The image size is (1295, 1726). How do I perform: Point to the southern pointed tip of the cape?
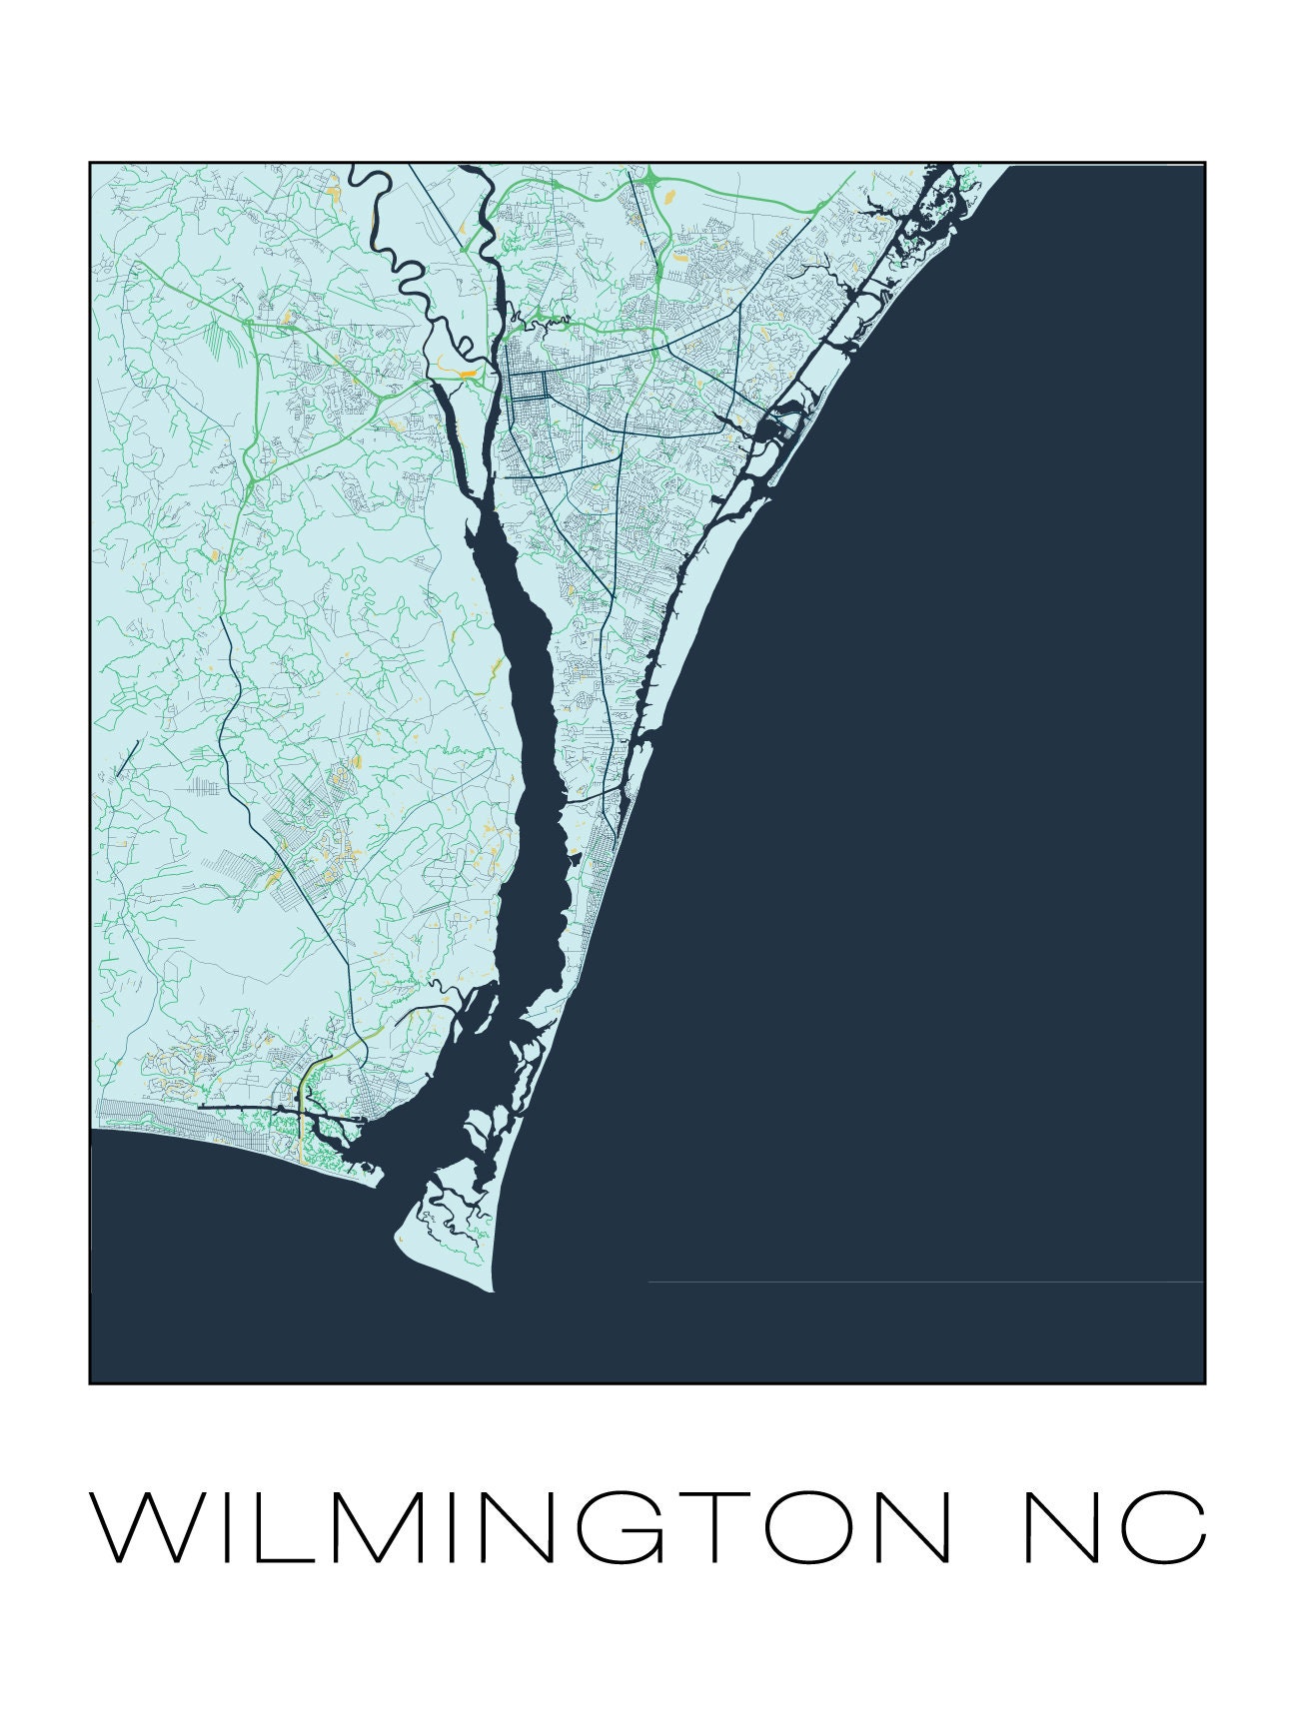pos(492,1290)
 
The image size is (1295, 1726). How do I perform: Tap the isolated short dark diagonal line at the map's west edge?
pos(125,758)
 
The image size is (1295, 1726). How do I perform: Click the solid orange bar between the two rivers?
pos(468,375)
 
